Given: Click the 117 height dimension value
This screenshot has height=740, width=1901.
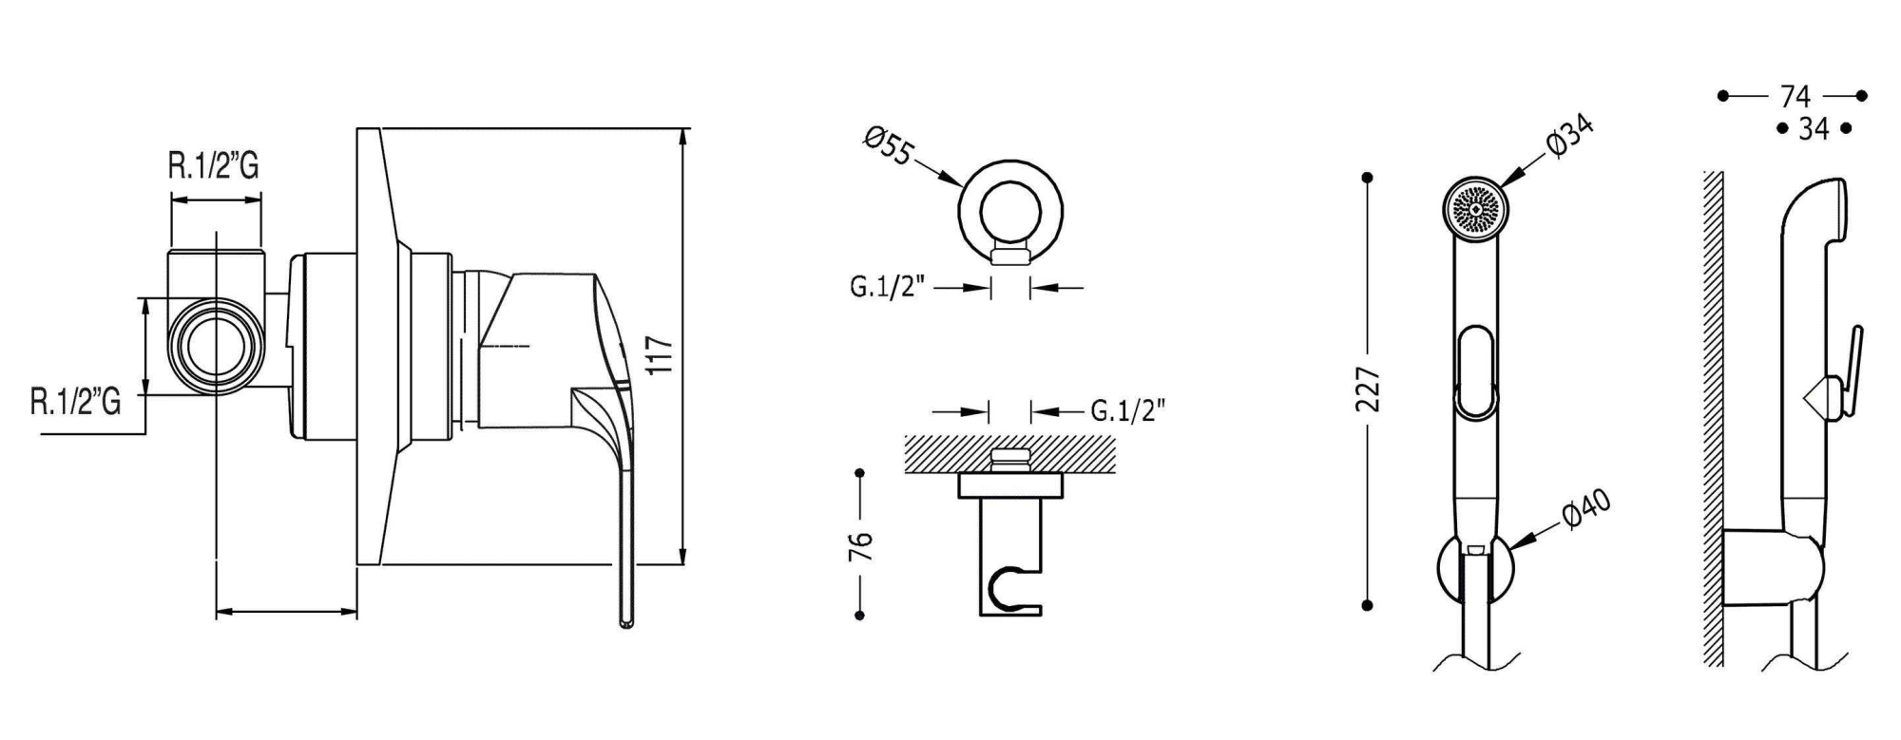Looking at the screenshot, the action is (x=662, y=355).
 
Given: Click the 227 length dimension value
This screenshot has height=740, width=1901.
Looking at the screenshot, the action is (x=1367, y=389).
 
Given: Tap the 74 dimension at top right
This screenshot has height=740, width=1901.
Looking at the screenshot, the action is (x=1794, y=96).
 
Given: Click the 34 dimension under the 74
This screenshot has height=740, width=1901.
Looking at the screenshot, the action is (x=1814, y=128).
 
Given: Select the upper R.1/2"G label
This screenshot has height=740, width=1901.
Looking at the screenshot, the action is (x=214, y=167).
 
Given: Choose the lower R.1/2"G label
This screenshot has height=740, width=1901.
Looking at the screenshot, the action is (x=76, y=403).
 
